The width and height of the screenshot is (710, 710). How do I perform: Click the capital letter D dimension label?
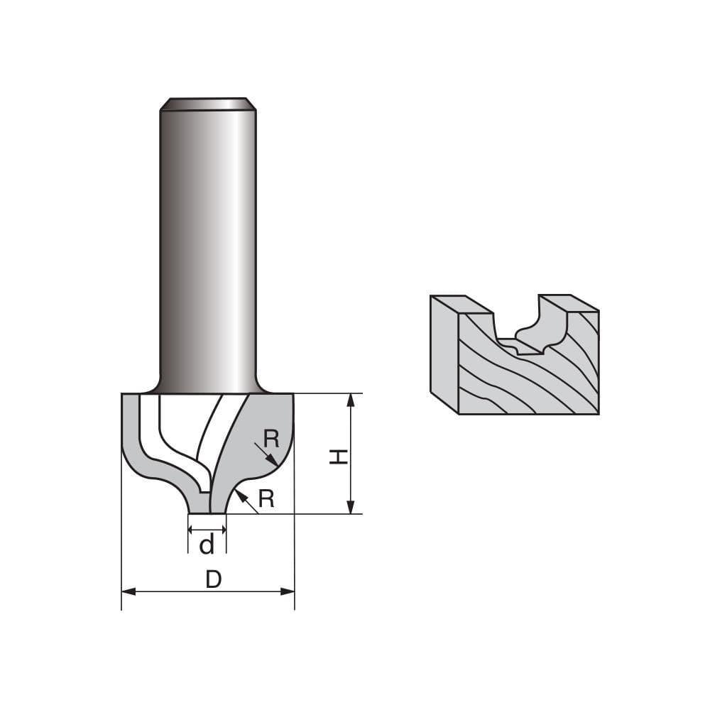coord(213,580)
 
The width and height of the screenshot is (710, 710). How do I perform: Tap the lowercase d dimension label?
coord(207,545)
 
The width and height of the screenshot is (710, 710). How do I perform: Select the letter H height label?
coord(339,457)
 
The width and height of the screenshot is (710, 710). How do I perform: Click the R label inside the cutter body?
coord(271,439)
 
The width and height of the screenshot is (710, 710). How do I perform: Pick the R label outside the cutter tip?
coord(266,499)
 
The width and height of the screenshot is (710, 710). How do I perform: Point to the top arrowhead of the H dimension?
coord(350,400)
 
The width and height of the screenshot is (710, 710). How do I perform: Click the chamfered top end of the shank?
coord(207,104)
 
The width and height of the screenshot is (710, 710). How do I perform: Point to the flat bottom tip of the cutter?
coord(207,512)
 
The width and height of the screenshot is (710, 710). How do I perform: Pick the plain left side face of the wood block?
coord(444,351)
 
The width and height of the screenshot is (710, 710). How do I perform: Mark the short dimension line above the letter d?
coord(207,530)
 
